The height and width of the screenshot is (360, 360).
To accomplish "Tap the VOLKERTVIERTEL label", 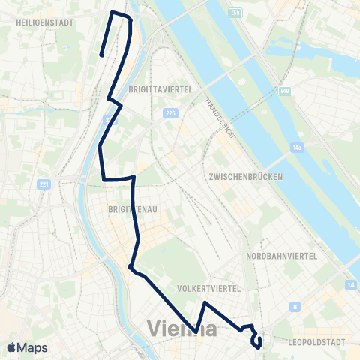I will [208, 288].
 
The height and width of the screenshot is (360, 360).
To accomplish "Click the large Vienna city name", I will [183, 328].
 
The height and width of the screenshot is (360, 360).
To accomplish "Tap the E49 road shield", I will [284, 91].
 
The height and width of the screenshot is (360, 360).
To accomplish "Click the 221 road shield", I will [44, 184].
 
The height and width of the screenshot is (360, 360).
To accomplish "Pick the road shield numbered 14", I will [351, 285].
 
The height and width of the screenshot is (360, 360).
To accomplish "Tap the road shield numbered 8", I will [296, 306].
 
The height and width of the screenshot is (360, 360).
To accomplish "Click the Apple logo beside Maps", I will [12, 348].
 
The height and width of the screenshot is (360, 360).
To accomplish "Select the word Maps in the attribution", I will [32, 348].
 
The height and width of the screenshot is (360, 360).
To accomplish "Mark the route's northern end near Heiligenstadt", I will [100, 53].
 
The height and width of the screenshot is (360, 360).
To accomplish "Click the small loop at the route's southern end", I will [257, 342].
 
